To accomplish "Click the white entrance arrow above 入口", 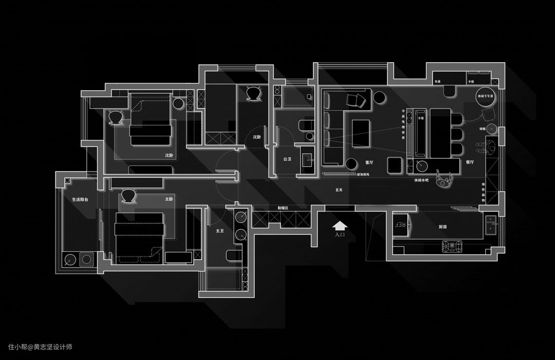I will point(340,225).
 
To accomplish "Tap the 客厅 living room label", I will point(369,162).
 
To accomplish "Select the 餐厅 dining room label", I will point(469,162).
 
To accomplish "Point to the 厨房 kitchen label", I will point(428,226).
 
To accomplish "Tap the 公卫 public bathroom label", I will point(287,159).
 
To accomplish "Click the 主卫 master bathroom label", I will point(219,231).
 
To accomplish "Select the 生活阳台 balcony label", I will point(80,199).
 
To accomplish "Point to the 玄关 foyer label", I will point(339,190).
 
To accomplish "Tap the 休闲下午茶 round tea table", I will point(485,97).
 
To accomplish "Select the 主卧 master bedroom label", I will point(169,199).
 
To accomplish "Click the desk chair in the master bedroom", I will point(128,195).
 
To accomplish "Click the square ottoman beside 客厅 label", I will point(395,166).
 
